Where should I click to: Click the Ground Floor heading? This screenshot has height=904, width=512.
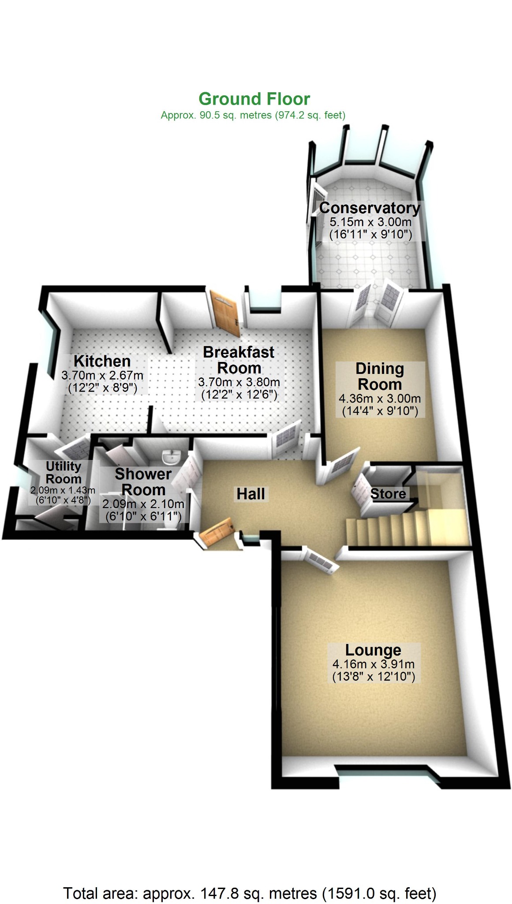point(254,99)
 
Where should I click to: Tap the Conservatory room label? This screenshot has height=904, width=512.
point(370,207)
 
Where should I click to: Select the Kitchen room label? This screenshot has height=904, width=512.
point(102,361)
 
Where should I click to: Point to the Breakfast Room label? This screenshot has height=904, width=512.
point(239,360)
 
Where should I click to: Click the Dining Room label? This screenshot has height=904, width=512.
point(380,376)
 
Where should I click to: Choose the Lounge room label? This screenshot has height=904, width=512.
point(373,650)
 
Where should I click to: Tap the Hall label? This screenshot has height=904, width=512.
point(250,494)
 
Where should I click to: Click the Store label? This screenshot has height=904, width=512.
point(388,493)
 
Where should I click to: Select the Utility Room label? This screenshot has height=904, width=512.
point(64,472)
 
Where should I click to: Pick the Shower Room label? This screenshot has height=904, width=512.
point(143,482)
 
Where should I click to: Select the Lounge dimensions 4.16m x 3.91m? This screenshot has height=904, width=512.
point(373,664)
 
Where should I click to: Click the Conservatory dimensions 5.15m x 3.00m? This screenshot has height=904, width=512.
point(370,222)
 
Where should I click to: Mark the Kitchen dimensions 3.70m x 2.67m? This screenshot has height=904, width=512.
point(102,376)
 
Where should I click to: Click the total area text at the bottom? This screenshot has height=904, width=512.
point(250,893)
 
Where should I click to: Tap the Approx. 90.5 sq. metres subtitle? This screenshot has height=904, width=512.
point(253,116)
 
